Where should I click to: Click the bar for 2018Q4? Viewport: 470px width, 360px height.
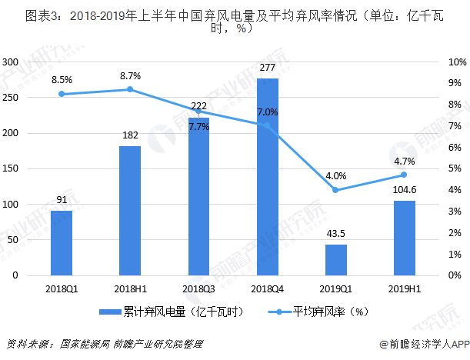(267, 176)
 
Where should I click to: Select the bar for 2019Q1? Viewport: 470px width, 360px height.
(335, 259)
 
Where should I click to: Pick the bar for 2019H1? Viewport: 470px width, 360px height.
(404, 238)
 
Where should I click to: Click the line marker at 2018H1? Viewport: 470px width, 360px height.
(130, 89)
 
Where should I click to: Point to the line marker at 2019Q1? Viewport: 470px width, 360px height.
(335, 190)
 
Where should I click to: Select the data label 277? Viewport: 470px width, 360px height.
(267, 68)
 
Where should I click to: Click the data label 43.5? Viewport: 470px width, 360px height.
(335, 234)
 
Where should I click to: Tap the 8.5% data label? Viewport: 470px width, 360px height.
(62, 80)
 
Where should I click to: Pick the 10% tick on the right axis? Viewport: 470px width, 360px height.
(455, 62)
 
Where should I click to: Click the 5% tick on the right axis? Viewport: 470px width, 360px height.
(455, 168)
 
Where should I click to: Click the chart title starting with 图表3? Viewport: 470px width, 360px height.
(235, 21)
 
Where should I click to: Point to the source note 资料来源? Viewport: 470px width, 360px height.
(104, 344)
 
